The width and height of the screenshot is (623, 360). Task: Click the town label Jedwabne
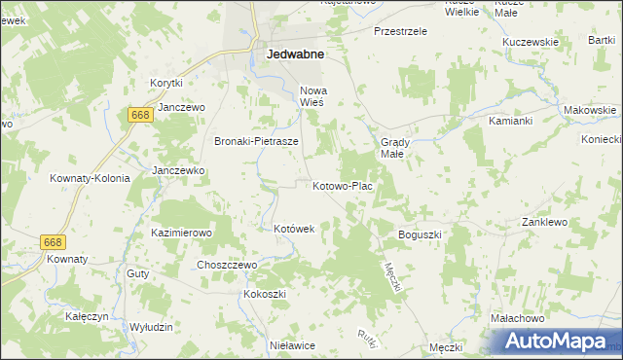295,55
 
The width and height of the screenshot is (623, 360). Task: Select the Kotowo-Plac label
342,186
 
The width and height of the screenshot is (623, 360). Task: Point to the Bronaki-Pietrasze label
256,141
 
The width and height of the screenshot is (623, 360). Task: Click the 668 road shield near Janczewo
138,116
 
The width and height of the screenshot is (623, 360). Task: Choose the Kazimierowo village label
181,234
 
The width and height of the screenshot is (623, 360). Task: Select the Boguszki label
421,235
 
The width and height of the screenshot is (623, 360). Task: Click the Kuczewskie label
530,42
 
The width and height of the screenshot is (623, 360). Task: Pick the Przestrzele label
401,31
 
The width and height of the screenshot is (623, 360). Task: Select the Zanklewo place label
544,222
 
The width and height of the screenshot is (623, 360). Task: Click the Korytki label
166,84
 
